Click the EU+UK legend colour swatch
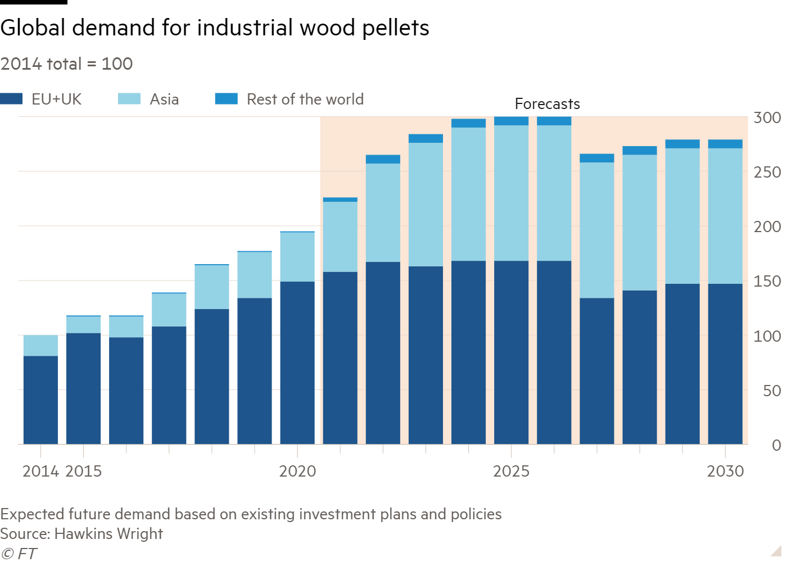pos(11,99)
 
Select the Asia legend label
pos(164,99)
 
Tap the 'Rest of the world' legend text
pos(305,99)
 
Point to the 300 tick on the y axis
pos(767,117)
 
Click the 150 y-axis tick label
pos(767,281)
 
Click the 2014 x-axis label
pos(40,471)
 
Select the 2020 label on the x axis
pos(297,471)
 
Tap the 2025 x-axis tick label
pos(511,471)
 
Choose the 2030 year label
pos(725,471)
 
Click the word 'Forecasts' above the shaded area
pos(547,105)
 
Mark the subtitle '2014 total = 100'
pos(66,64)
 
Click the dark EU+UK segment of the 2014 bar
pos(40,400)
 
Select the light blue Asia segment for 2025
pos(511,193)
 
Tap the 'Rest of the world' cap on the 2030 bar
pos(725,144)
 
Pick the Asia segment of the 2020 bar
pos(297,257)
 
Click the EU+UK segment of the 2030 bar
pos(725,364)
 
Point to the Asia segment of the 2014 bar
pos(40,346)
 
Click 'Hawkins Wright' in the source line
pos(108,534)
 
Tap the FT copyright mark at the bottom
pos(19,554)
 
